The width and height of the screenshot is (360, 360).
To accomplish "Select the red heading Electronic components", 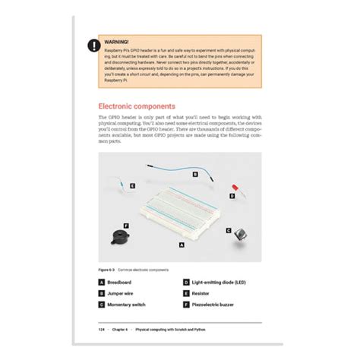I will pyautogui.click(x=137, y=106).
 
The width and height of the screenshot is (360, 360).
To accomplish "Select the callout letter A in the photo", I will pyautogui.click(x=181, y=245).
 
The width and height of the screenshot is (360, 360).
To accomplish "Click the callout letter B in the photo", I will pyautogui.click(x=195, y=174).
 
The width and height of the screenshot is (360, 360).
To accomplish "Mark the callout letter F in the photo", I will pyautogui.click(x=126, y=226).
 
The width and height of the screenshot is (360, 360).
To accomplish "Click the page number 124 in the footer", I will pyautogui.click(x=102, y=330).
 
